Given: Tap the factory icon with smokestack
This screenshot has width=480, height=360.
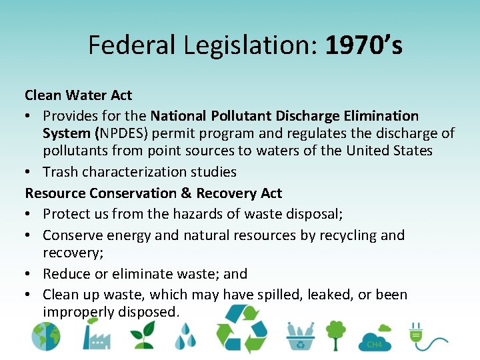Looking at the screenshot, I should (96, 335).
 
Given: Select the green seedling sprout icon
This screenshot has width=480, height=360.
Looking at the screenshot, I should (143, 335).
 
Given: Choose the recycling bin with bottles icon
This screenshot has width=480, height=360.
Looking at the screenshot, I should (300, 337).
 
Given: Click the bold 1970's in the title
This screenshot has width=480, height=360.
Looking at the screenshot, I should (364, 45).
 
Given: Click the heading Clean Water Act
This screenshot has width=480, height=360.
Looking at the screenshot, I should (79, 95).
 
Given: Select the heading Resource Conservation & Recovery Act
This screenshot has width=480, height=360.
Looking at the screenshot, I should (153, 193).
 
